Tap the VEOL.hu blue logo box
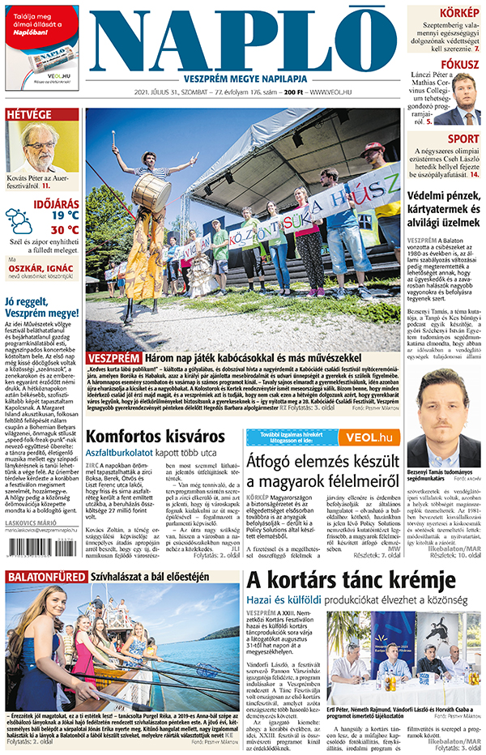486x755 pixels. (369, 437)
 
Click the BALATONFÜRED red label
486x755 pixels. (45, 599)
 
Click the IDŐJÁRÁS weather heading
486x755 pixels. (57, 203)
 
